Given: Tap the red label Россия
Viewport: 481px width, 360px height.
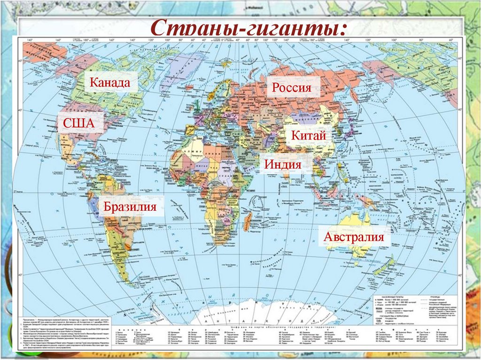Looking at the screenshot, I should [293, 88].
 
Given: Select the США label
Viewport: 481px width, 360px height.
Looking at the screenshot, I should [76, 123].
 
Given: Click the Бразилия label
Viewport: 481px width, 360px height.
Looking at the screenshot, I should [131, 207].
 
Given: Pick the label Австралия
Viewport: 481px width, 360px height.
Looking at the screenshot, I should [357, 236].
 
